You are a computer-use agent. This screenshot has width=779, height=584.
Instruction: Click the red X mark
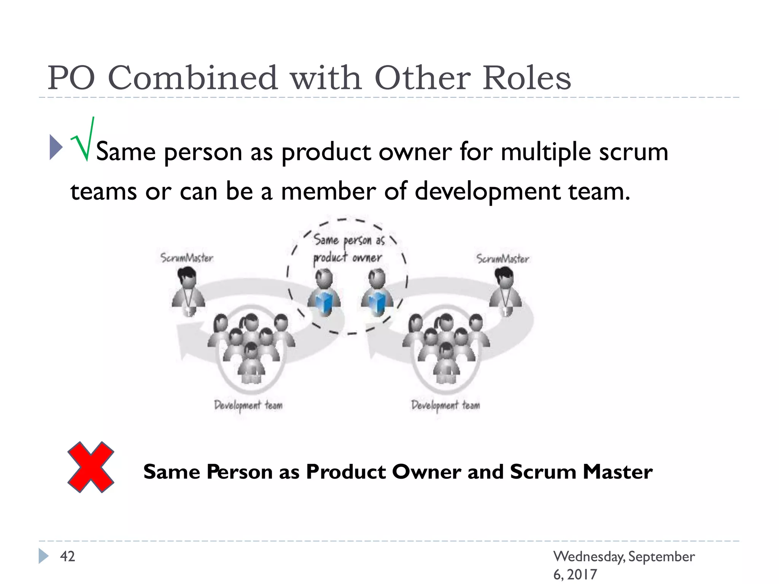tap(91, 467)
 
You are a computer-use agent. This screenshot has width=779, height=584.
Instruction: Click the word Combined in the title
tap(193, 78)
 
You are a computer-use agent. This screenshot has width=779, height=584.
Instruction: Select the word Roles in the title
tap(527, 78)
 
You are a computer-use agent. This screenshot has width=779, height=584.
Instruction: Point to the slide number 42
tap(68, 556)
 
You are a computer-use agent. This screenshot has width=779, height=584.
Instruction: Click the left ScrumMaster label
tap(187, 258)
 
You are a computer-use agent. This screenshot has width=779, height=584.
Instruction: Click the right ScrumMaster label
tap(502, 259)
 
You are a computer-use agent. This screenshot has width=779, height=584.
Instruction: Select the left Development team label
tap(248, 405)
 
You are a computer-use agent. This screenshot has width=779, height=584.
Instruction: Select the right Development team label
tap(445, 405)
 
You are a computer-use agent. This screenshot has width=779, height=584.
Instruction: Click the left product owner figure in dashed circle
tap(324, 292)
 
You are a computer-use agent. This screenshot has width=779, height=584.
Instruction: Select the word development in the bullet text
tap(487, 191)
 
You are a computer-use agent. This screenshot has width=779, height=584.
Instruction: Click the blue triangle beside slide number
tap(43, 556)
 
